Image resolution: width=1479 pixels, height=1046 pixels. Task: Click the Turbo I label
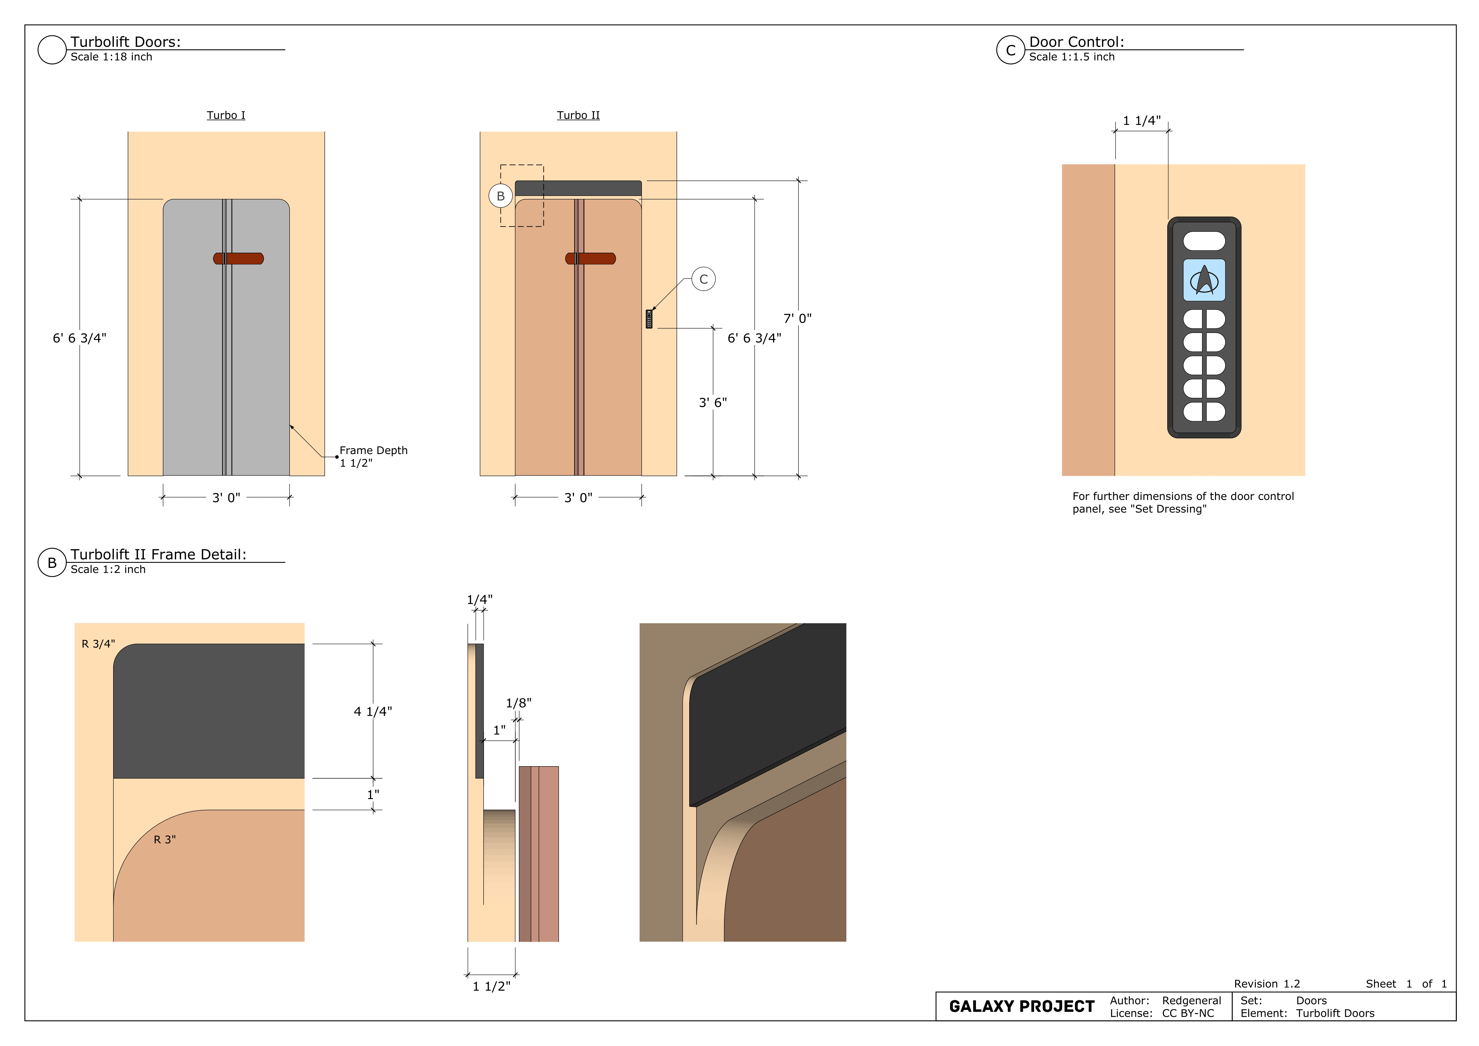coord(226,115)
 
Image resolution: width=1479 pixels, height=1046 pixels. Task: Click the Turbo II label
coord(579,115)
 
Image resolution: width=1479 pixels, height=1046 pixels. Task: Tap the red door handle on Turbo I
coord(238,258)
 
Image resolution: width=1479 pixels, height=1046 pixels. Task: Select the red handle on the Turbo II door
coord(591,258)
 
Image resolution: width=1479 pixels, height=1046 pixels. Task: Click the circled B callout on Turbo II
coord(500,196)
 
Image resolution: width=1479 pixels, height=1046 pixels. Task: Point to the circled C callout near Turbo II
coord(703,279)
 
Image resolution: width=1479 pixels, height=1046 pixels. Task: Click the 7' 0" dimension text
coord(797,318)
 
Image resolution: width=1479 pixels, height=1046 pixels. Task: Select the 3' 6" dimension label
coord(713,403)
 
